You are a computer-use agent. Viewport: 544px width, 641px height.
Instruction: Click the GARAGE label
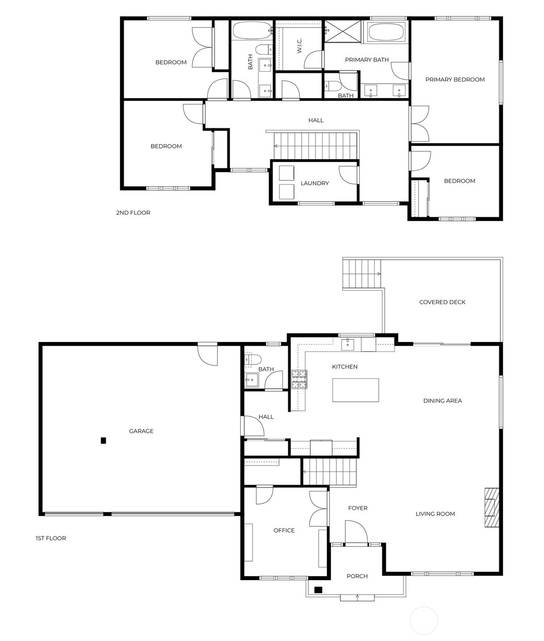[x=141, y=431]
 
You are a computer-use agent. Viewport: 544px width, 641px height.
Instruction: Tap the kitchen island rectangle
[x=356, y=390]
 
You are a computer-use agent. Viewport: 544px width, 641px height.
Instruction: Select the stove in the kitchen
[x=299, y=379]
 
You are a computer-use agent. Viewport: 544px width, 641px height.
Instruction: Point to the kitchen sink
[x=348, y=344]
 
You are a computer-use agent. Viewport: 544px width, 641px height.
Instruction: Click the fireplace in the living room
[x=492, y=508]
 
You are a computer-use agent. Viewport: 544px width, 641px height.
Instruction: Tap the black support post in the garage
[x=103, y=441]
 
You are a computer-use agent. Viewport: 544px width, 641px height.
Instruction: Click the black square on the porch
[x=318, y=590]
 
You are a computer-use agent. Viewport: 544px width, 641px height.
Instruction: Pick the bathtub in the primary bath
[x=386, y=32]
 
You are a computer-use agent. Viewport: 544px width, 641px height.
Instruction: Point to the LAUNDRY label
[x=315, y=183]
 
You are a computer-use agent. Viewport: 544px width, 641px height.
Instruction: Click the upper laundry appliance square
[x=286, y=173]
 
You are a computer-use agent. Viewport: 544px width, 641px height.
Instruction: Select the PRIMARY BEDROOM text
[x=455, y=79]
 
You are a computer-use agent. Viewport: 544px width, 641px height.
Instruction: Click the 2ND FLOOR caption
[x=133, y=212]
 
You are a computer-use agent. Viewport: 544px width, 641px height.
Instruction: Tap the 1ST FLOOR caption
[x=51, y=538]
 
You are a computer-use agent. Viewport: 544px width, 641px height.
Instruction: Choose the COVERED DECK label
[x=442, y=302]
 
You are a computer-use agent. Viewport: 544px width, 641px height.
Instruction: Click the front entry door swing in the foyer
[x=356, y=532]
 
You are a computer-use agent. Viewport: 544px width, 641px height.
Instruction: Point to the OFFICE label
[x=284, y=530]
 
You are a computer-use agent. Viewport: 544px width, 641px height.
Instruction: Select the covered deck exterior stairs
[x=361, y=274]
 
